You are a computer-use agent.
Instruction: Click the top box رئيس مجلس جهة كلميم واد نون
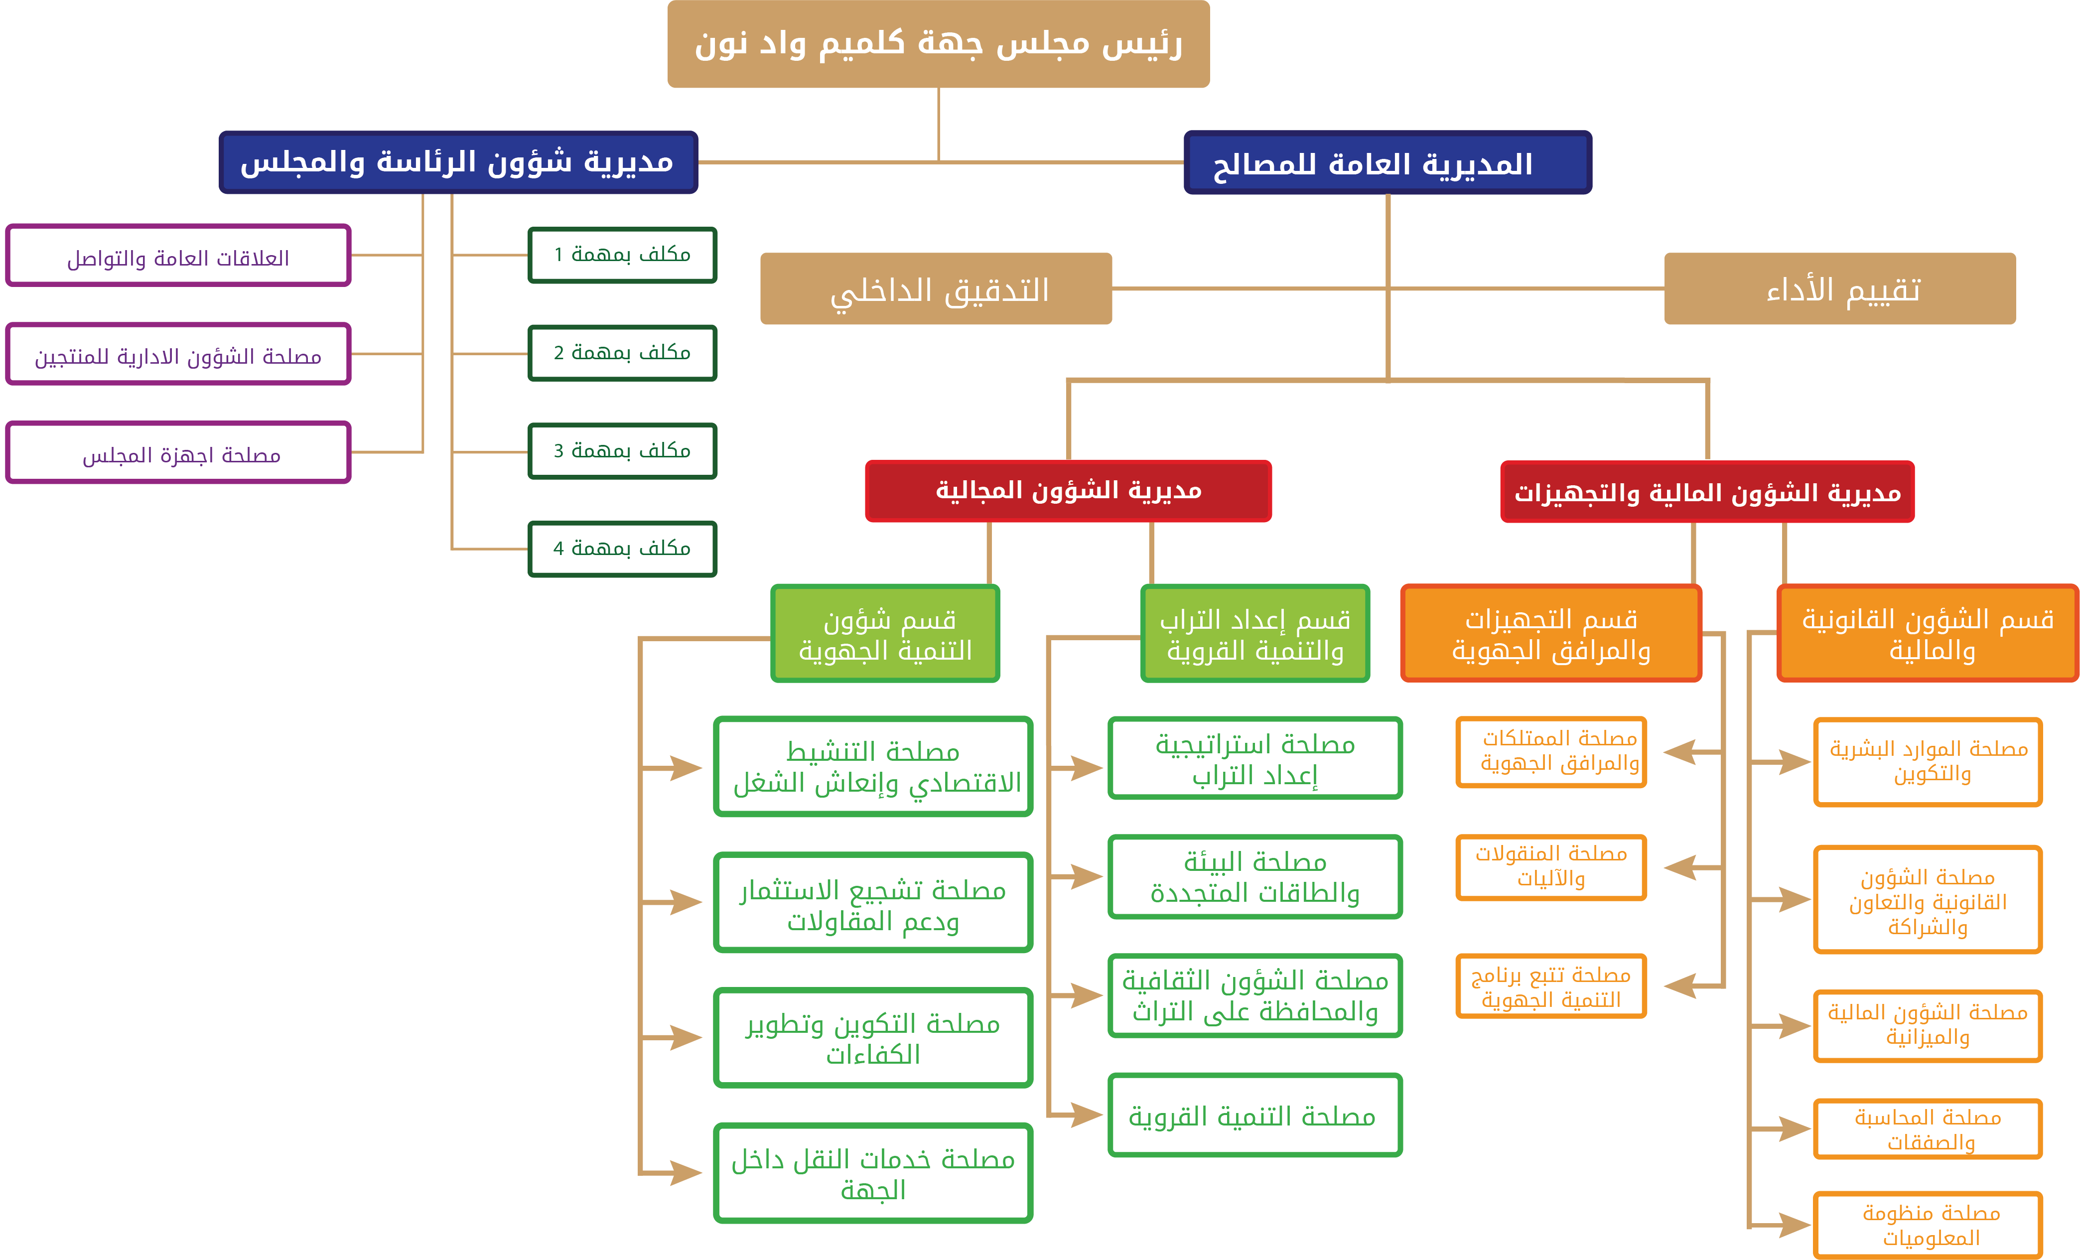[x=938, y=44]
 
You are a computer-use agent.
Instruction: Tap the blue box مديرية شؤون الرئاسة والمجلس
[x=457, y=162]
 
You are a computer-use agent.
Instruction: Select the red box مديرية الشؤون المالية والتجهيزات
[x=1707, y=492]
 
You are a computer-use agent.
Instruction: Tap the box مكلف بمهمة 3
[x=622, y=451]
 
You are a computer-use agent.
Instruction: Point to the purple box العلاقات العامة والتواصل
[x=178, y=256]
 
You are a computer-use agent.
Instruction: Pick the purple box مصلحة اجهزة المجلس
[x=178, y=453]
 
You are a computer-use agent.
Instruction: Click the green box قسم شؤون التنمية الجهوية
[x=885, y=634]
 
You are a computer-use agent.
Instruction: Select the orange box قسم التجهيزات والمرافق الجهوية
[x=1551, y=634]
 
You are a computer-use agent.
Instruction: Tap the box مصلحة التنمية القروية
[x=1254, y=1116]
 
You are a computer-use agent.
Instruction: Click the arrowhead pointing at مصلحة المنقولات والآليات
[x=1680, y=867]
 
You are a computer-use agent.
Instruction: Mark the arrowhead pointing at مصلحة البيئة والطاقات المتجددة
[x=1087, y=876]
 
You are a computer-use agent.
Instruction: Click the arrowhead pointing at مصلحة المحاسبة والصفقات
[x=1794, y=1128]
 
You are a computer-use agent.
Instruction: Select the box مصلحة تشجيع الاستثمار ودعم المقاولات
[x=873, y=903]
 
